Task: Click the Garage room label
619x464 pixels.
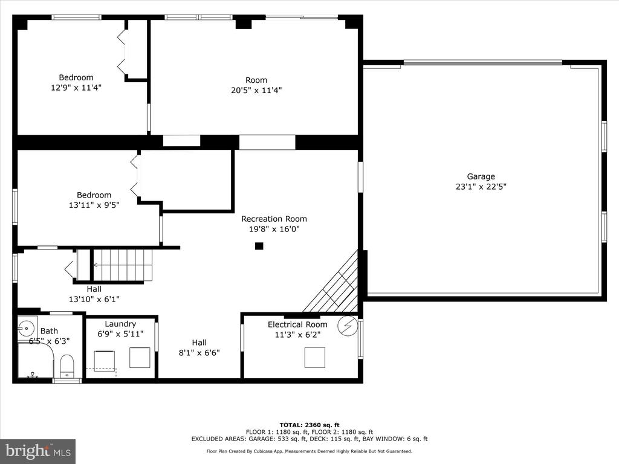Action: [x=481, y=176]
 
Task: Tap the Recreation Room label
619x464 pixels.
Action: [x=274, y=219]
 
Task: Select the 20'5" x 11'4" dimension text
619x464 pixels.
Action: [x=256, y=90]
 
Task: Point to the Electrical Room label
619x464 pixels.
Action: [x=297, y=324]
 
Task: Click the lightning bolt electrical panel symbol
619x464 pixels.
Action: [x=348, y=326]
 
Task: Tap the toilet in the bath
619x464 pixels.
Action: [x=66, y=366]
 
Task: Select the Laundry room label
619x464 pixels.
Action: [x=120, y=324]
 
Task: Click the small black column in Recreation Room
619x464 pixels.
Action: [x=259, y=246]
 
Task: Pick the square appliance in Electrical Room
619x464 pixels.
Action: [x=314, y=358]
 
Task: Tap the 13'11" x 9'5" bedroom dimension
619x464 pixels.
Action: [x=94, y=205]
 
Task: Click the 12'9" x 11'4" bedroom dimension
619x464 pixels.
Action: [x=76, y=87]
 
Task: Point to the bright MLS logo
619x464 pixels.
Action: [x=38, y=451]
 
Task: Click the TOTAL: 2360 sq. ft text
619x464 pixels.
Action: [x=309, y=425]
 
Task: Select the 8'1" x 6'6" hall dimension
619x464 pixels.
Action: [x=199, y=352]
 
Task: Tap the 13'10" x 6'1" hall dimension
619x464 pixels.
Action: [x=94, y=299]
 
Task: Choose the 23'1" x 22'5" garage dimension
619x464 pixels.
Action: [x=481, y=186]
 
